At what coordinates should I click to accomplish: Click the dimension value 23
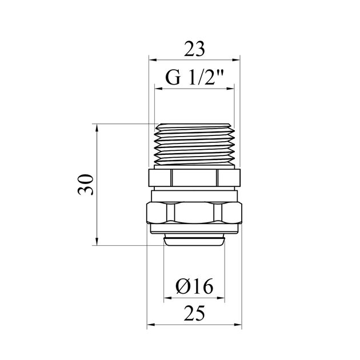coord(194,49)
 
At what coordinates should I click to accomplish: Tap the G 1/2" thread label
coord(194,78)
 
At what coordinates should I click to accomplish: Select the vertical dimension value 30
coord(86,185)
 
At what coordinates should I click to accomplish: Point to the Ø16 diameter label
coord(194,286)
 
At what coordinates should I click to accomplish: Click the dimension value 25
coord(194,314)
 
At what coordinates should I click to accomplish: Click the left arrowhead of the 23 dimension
coord(153,60)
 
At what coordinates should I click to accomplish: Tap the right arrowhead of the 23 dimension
coord(236,60)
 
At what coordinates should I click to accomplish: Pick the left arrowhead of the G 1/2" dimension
coord(158,89)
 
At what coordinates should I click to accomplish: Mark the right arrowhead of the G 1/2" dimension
coord(230,89)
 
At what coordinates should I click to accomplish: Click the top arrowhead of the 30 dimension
coord(97,127)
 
